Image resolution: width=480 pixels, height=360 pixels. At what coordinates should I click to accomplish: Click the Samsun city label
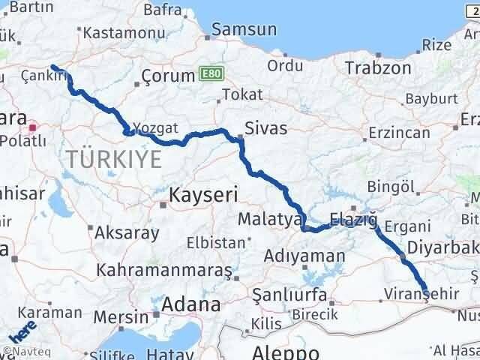point(244,30)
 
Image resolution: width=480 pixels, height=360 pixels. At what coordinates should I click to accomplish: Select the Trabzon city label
point(378,68)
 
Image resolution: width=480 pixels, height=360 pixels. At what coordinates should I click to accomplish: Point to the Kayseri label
point(202,195)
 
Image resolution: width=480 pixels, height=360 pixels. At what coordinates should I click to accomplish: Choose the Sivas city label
point(266,128)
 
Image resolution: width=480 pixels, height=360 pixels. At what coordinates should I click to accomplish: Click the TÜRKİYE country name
point(114,159)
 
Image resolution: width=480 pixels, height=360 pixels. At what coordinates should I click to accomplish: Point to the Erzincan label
point(398,133)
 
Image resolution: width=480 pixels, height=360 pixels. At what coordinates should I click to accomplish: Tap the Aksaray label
point(121,232)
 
